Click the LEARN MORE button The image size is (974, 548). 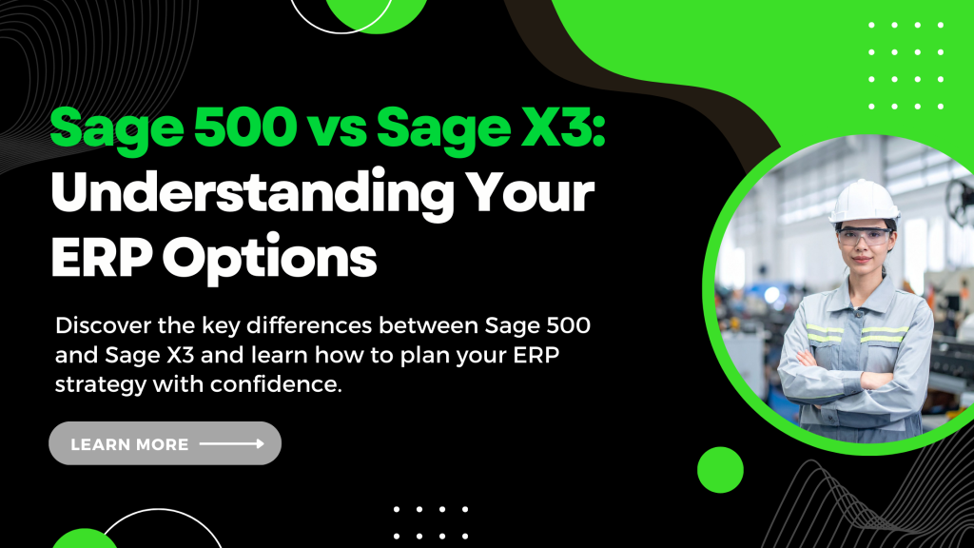[165, 443]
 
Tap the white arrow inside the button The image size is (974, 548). [232, 443]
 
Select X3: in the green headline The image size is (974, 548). [563, 127]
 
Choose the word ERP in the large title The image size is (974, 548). [102, 257]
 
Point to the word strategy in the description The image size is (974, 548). [101, 385]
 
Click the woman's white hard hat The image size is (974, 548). [864, 202]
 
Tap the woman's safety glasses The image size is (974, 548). [864, 236]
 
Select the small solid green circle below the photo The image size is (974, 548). [720, 470]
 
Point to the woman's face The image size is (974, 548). [864, 244]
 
